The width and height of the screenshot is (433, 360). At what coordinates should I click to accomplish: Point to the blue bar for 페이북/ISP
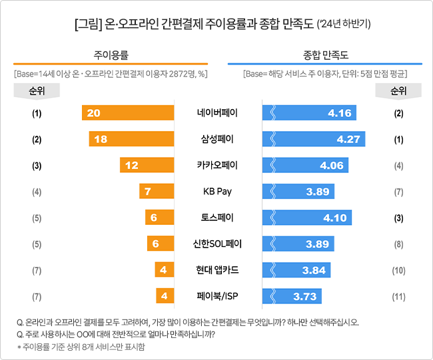click(292, 296)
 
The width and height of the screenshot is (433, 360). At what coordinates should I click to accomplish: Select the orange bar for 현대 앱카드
click(165, 270)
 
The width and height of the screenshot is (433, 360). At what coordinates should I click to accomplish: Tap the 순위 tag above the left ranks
click(36, 90)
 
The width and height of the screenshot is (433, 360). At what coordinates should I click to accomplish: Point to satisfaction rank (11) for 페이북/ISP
click(398, 296)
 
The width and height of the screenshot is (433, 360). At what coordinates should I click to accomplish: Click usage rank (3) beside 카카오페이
click(36, 166)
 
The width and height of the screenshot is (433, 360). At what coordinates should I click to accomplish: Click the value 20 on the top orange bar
click(93, 112)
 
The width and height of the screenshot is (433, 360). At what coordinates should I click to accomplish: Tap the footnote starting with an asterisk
click(81, 347)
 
